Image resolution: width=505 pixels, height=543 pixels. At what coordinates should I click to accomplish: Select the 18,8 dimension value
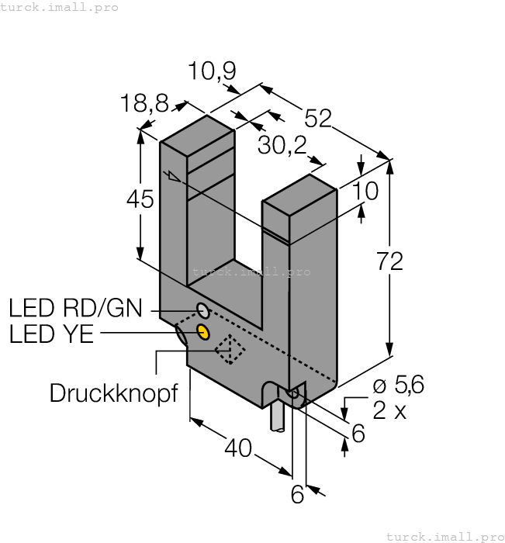tap(144, 103)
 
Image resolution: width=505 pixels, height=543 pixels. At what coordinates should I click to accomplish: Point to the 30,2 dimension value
tap(282, 145)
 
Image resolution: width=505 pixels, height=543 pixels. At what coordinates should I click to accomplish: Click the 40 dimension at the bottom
tap(238, 448)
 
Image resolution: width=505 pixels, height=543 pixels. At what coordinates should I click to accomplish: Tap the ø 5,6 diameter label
tap(398, 386)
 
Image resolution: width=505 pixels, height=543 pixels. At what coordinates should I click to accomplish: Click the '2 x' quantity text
tap(389, 410)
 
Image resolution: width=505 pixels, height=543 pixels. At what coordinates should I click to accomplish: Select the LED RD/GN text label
tap(75, 309)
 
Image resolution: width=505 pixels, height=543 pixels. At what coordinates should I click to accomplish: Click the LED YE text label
tap(51, 334)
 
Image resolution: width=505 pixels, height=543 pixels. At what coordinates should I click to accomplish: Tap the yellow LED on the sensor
tap(204, 333)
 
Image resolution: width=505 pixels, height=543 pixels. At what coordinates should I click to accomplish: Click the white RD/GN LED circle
tap(203, 311)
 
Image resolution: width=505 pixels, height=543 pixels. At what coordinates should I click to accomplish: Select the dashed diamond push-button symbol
tap(230, 350)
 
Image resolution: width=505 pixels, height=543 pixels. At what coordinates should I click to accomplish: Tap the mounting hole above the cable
tap(293, 394)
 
